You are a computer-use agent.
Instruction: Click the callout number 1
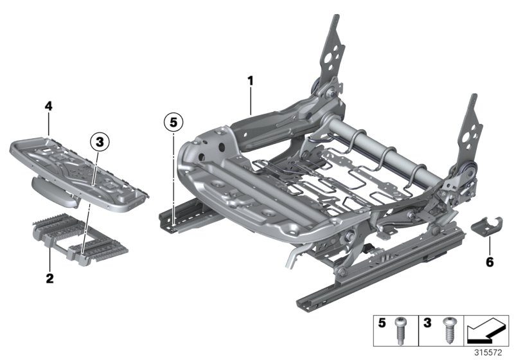pos(251,81)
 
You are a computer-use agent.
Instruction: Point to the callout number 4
pos(48,105)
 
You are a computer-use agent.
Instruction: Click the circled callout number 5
pos(173,120)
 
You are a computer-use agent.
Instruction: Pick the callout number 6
pos(490,262)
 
